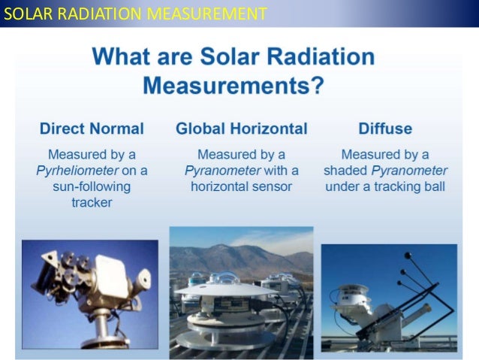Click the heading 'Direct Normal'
click(x=91, y=129)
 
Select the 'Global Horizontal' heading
click(x=241, y=129)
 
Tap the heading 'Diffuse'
click(x=384, y=129)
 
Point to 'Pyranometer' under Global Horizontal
click(x=221, y=171)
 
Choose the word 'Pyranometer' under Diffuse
click(x=397, y=171)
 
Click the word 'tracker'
click(x=91, y=203)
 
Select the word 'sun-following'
click(x=91, y=186)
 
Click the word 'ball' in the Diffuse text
click(x=432, y=186)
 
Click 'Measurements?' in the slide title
click(x=233, y=85)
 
